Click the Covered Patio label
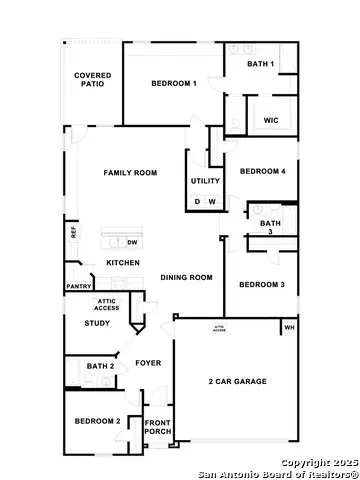click(93, 81)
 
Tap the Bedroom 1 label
click(174, 84)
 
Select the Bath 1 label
click(262, 65)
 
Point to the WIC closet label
click(270, 120)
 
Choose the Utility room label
click(205, 181)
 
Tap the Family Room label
click(131, 173)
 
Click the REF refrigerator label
click(73, 232)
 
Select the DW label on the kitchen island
click(132, 242)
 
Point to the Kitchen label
click(123, 263)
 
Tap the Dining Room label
click(187, 277)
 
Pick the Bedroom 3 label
click(262, 285)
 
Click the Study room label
click(97, 323)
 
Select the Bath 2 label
click(101, 367)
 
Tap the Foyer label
click(149, 363)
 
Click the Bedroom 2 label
click(97, 421)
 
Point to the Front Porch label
click(158, 428)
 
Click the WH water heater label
click(290, 328)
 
